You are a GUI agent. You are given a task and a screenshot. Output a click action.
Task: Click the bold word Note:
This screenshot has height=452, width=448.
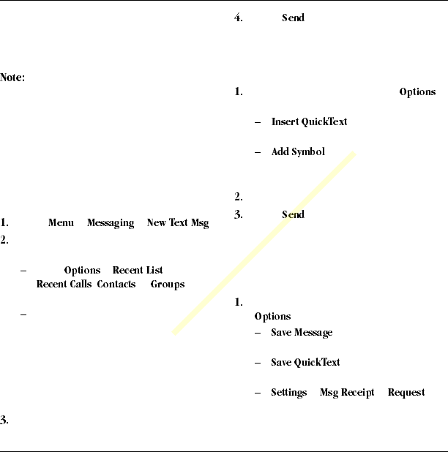point(13,78)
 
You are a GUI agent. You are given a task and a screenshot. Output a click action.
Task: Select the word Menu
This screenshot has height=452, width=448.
point(61,223)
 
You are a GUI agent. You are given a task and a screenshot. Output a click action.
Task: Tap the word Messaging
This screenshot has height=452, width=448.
point(111,223)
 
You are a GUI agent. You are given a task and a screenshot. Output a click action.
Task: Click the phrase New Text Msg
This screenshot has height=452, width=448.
point(178,223)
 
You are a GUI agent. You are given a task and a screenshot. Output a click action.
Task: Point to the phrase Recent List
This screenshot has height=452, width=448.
point(138,271)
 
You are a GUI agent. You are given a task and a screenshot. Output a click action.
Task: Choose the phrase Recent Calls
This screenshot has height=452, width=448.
point(65,285)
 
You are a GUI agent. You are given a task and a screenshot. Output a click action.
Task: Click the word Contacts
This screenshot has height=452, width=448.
point(118,285)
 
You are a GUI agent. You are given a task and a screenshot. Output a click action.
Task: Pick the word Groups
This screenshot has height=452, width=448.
point(167,285)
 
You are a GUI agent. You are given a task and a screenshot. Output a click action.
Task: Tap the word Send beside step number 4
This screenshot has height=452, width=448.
point(293,18)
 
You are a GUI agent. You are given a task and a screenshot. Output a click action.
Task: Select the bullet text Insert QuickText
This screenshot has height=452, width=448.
point(309,121)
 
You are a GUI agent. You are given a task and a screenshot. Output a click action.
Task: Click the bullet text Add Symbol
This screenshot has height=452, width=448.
point(298,152)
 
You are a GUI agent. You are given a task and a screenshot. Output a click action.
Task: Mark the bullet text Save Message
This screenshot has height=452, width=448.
point(302,333)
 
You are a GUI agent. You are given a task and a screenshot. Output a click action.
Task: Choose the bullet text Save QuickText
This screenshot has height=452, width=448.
point(305,363)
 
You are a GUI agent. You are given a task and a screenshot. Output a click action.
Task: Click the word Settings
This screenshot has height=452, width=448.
point(288,393)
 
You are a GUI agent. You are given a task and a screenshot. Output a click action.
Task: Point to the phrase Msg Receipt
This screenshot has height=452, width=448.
point(347,393)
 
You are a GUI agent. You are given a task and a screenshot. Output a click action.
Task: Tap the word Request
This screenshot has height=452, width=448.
point(406,393)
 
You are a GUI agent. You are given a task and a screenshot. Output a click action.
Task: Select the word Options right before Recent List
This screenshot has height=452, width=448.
point(82,271)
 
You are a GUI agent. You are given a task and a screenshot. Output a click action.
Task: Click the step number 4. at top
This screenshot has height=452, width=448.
point(239,18)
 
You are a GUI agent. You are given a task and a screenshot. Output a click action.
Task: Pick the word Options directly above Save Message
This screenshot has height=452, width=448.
point(272,317)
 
